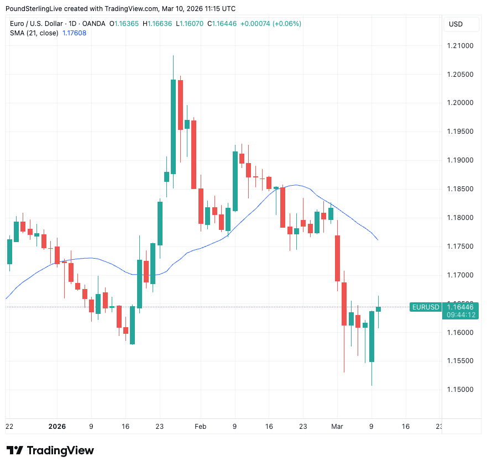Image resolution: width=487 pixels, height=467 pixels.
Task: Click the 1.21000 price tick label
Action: click(x=460, y=45)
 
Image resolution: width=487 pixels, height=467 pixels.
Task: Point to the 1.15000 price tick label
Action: click(x=460, y=390)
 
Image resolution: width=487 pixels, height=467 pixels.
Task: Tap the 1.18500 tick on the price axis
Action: click(x=460, y=189)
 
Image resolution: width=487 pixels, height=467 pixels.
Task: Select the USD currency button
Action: click(x=456, y=24)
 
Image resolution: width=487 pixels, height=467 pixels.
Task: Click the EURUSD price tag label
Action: click(x=426, y=307)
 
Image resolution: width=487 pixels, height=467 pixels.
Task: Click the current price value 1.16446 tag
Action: click(x=460, y=307)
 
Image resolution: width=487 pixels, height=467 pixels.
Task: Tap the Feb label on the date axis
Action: click(x=201, y=427)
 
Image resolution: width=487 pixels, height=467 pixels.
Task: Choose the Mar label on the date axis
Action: click(x=337, y=427)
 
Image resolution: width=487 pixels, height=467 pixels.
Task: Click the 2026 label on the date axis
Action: click(x=56, y=427)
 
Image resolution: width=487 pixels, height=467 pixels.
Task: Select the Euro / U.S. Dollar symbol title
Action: click(x=36, y=24)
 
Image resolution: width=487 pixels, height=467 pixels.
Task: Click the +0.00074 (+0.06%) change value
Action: click(x=271, y=24)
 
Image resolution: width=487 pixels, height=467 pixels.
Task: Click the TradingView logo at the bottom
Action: click(x=50, y=450)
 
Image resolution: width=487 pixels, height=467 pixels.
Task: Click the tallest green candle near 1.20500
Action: click(x=173, y=127)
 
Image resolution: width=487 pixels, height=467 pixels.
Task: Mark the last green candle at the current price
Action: click(x=379, y=309)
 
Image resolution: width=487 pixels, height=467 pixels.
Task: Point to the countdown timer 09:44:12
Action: click(x=460, y=315)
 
